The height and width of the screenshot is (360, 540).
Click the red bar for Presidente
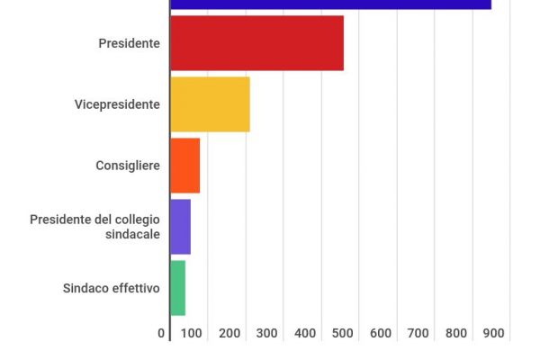pyautogui.click(x=256, y=43)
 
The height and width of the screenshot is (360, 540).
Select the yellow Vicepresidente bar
pyautogui.click(x=210, y=104)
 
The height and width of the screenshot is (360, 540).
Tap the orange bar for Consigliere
pyautogui.click(x=184, y=166)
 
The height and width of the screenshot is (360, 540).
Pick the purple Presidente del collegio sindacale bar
pyautogui.click(x=180, y=227)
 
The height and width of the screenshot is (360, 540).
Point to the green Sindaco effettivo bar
pyautogui.click(x=177, y=288)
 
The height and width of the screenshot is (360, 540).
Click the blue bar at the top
pyautogui.click(x=330, y=4)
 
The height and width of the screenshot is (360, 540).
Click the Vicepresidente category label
pyautogui.click(x=117, y=104)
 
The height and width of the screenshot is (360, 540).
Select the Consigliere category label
pyautogui.click(x=128, y=166)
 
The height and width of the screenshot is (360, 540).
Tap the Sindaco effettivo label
pyautogui.click(x=112, y=288)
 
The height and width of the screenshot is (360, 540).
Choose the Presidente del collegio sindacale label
pyautogui.click(x=94, y=227)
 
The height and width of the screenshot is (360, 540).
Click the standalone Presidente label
pyautogui.click(x=130, y=43)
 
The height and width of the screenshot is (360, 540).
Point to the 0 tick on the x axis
pyautogui.click(x=162, y=334)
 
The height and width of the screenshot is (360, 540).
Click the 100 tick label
pyautogui.click(x=192, y=334)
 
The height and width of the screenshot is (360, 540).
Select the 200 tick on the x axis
pyautogui.click(x=229, y=334)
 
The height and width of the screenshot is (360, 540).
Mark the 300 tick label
pyautogui.click(x=267, y=334)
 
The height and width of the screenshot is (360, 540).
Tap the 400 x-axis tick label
pyautogui.click(x=305, y=334)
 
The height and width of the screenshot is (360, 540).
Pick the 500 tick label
pyautogui.click(x=343, y=334)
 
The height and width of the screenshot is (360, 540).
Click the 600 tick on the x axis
pyautogui.click(x=381, y=334)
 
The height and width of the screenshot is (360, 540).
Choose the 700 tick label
pyautogui.click(x=418, y=334)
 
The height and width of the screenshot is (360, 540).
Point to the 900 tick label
pyautogui.click(x=493, y=334)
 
